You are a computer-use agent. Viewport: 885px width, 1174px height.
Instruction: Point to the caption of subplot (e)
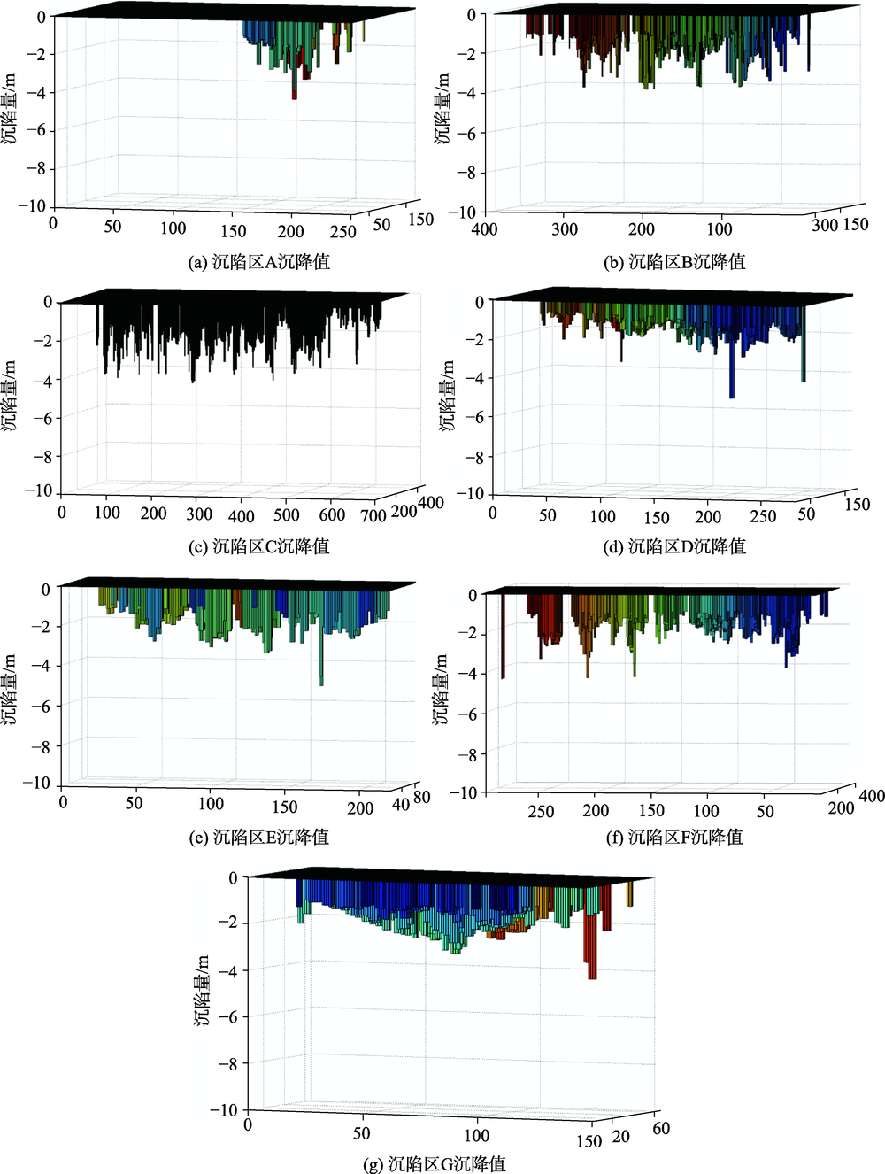[259, 837]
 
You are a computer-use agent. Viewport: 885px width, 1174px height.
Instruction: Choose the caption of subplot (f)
[674, 837]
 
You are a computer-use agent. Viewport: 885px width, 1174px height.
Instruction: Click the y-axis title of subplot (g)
[203, 992]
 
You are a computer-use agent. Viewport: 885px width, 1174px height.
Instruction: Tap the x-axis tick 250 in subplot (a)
[342, 232]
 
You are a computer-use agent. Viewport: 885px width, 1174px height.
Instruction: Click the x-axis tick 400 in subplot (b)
[484, 229]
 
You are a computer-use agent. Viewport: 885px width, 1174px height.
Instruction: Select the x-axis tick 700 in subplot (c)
[373, 515]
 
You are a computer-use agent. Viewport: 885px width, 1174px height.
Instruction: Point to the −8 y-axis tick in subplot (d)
[474, 457]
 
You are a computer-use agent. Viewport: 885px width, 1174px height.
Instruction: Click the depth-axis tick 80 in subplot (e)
[422, 797]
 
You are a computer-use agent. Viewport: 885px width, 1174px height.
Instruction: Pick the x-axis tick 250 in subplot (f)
[541, 812]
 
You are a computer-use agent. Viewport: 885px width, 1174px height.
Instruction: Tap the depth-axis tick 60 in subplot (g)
[661, 1128]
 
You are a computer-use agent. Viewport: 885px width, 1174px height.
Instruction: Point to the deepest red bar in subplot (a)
[295, 84]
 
